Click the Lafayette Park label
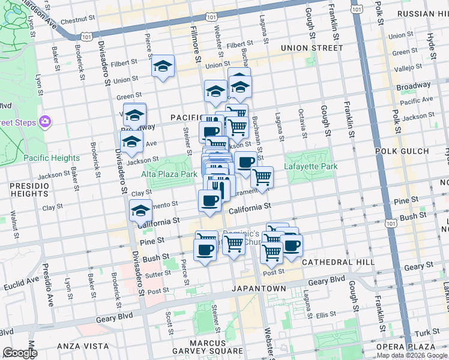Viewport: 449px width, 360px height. (311, 167)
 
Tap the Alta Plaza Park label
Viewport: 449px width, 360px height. (169, 174)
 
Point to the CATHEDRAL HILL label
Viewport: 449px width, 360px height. (338, 262)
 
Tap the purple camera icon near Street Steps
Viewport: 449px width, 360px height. (44, 122)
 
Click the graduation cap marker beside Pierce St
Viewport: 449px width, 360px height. (162, 67)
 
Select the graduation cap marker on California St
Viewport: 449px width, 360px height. (141, 211)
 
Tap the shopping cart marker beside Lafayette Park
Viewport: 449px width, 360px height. (262, 178)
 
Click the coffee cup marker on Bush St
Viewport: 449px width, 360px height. (205, 249)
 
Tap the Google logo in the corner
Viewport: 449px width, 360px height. (19, 353)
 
